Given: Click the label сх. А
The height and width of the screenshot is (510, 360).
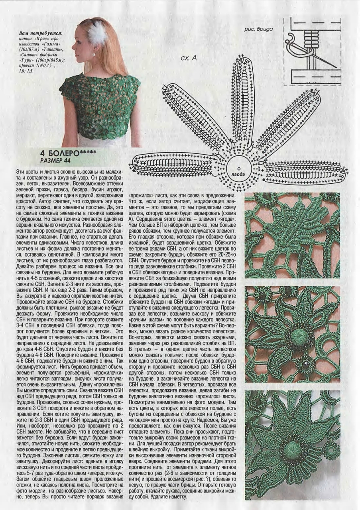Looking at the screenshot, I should click(x=189, y=58).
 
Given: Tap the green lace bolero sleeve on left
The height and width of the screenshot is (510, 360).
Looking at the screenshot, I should click(x=68, y=90).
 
